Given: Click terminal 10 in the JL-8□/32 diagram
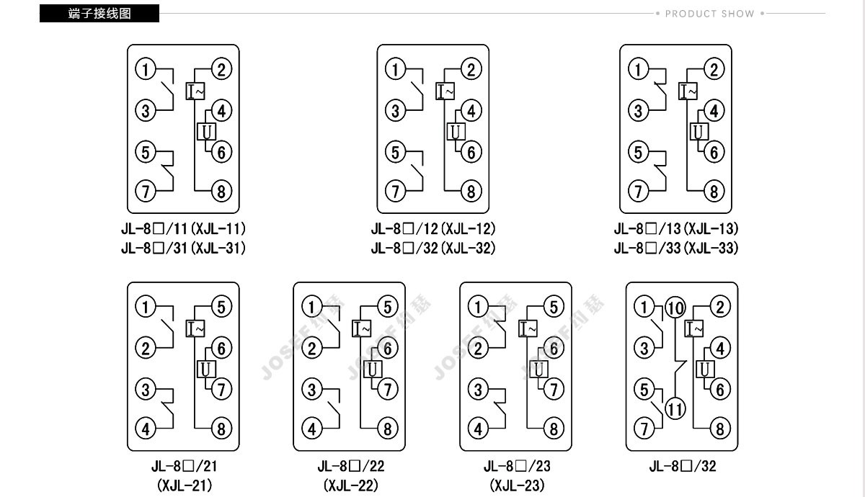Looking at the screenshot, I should click(675, 308).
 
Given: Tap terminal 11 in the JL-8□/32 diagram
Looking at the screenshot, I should click(675, 409).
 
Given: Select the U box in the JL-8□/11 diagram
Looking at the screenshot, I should click(206, 132).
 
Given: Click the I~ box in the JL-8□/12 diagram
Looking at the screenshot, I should click(445, 91).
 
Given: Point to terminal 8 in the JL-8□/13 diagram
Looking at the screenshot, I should click(714, 191).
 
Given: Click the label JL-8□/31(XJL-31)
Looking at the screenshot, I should click(183, 248).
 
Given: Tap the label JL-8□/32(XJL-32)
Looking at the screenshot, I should click(433, 248).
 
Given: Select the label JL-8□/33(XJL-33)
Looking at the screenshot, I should click(676, 248).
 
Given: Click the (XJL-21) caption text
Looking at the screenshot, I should click(185, 485).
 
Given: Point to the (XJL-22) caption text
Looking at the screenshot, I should click(351, 485).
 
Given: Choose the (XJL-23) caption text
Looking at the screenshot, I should click(517, 485).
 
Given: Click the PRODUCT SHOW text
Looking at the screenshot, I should click(709, 14).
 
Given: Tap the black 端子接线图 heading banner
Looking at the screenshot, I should click(99, 14).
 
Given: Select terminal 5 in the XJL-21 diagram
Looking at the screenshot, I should click(221, 307).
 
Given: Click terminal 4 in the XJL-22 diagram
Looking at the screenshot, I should click(312, 429).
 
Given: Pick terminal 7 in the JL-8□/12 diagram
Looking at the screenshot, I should click(396, 191).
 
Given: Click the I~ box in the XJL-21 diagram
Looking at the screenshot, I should click(195, 328).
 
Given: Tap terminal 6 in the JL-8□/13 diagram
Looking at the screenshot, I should click(714, 152).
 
